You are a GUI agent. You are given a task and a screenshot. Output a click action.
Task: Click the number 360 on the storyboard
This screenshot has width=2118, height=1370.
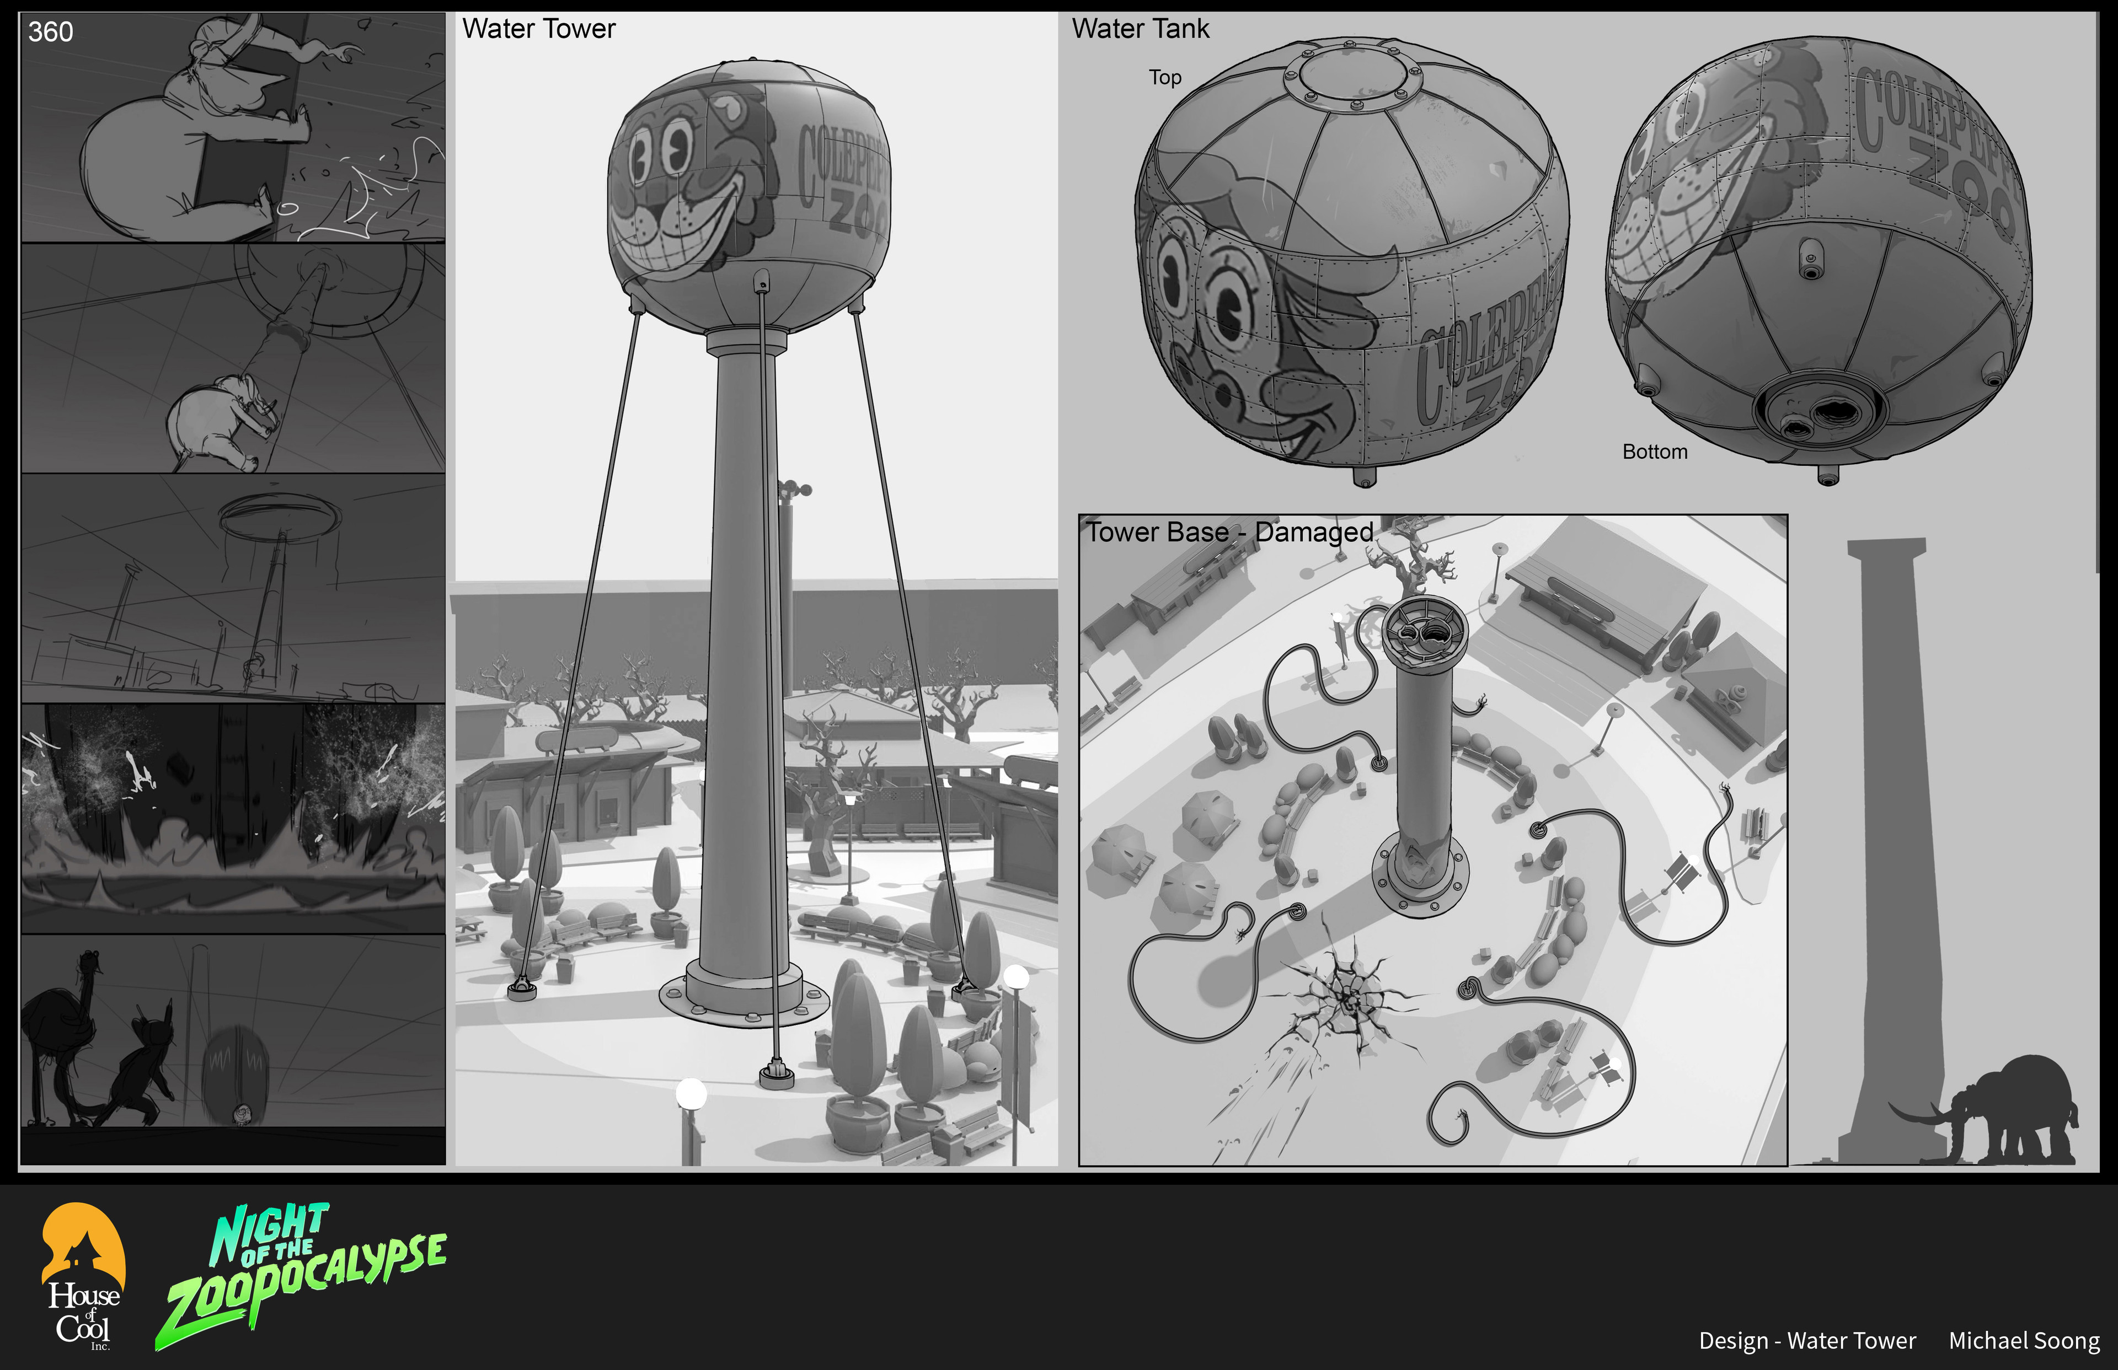(x=51, y=32)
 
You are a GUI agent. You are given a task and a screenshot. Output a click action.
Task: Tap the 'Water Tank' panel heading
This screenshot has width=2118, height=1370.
(x=1140, y=29)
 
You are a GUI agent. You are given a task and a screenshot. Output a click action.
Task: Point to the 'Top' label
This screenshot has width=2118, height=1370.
(x=1165, y=77)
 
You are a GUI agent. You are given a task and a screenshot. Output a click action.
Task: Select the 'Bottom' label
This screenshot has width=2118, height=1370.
(x=1654, y=452)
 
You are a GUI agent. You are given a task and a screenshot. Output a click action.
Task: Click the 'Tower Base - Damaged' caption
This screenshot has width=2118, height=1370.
(x=1230, y=532)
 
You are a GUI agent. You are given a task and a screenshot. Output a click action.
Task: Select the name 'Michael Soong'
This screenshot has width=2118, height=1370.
(x=2024, y=1341)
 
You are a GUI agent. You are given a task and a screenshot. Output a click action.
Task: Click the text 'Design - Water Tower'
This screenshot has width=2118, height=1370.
(x=1807, y=1341)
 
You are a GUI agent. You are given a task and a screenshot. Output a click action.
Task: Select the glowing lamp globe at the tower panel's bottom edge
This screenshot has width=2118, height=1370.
(x=692, y=1093)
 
